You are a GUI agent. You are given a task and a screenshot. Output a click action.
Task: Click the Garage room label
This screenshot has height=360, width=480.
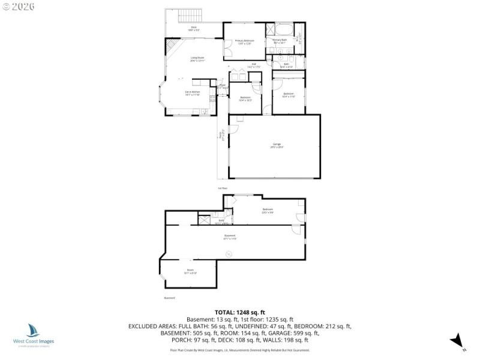[x=277, y=145]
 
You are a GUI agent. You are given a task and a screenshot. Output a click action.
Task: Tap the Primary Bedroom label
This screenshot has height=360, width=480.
[x=245, y=42]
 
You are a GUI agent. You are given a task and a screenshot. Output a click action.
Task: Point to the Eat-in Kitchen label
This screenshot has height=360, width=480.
[x=192, y=93]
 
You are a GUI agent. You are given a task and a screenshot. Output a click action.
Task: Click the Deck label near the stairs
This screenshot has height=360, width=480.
[x=194, y=28]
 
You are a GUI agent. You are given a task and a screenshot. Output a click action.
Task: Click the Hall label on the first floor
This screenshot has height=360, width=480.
[x=254, y=66]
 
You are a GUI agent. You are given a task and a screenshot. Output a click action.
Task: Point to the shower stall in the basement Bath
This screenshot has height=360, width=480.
[x=205, y=220]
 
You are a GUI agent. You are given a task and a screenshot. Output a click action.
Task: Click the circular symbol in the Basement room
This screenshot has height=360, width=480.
[x=229, y=254]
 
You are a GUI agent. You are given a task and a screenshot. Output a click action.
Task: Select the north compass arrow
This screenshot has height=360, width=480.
[x=457, y=340]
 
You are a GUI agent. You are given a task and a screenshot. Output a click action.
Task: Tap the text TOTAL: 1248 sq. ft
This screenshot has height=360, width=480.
[x=240, y=312]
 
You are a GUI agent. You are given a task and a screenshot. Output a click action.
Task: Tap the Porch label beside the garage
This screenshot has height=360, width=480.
[x=221, y=135]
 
